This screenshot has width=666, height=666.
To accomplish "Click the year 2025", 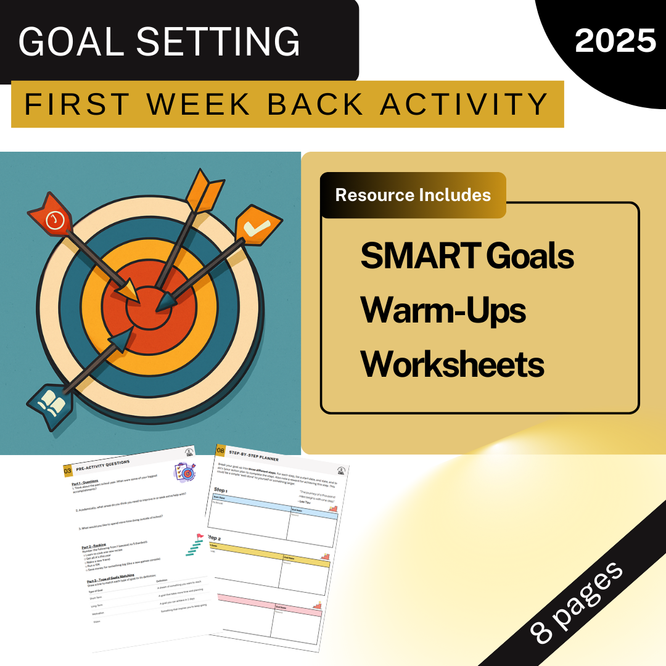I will tap(615, 41).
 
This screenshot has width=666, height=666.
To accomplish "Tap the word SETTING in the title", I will tap(219, 42).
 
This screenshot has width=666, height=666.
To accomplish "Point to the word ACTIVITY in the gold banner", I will tap(464, 104).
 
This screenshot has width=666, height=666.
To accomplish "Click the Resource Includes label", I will tap(413, 195).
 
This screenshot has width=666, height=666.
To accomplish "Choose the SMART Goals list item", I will tap(467, 255).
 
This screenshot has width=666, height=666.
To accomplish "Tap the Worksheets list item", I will tap(452, 364).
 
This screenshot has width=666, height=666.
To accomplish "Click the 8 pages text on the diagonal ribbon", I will tap(577, 602).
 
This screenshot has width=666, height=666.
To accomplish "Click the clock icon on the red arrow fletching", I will tap(55, 220).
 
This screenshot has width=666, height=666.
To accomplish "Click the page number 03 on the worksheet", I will tap(68, 471).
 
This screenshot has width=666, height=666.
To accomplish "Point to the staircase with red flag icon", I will tap(194, 545).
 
